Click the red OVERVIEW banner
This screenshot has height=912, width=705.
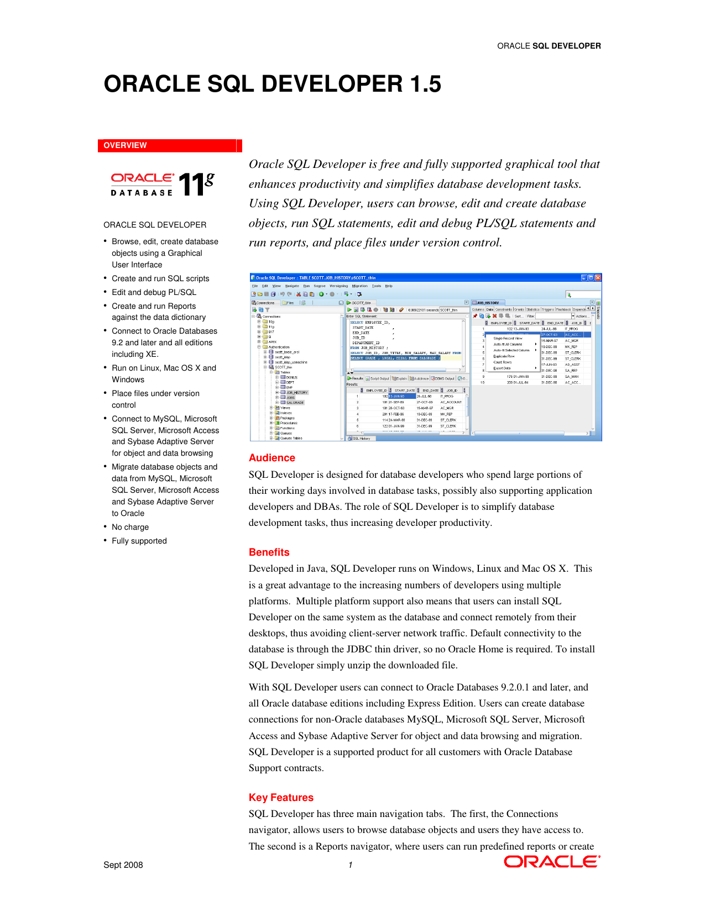pyautogui.click(x=169, y=145)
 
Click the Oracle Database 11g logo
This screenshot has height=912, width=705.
pyautogui.click(x=162, y=184)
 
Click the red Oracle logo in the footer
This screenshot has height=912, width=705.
pyautogui.click(x=551, y=862)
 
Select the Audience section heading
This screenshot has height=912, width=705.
pyautogui.click(x=271, y=458)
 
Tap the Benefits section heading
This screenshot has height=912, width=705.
pyautogui.click(x=269, y=552)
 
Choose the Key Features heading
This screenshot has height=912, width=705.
pyautogui.click(x=281, y=798)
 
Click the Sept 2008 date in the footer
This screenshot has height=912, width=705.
pyautogui.click(x=123, y=865)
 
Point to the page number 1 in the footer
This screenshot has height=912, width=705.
pyautogui.click(x=350, y=865)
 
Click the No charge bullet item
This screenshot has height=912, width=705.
pyautogui.click(x=130, y=527)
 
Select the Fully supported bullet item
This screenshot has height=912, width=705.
pyautogui.click(x=139, y=541)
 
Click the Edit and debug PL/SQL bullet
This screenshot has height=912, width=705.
pyautogui.click(x=154, y=292)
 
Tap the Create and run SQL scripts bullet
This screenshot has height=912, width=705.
pyautogui.click(x=160, y=278)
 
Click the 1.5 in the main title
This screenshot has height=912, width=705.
pyautogui.click(x=426, y=84)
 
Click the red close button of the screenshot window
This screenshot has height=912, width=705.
pyautogui.click(x=598, y=278)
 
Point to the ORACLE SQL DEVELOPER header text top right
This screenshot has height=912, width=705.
pyautogui.click(x=549, y=46)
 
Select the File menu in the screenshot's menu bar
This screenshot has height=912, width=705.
pyautogui.click(x=255, y=286)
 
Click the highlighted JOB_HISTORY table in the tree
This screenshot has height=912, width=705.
pyautogui.click(x=296, y=392)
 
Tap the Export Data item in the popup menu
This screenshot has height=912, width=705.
pyautogui.click(x=502, y=368)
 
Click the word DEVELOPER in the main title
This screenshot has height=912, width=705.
pyautogui.click(x=332, y=84)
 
